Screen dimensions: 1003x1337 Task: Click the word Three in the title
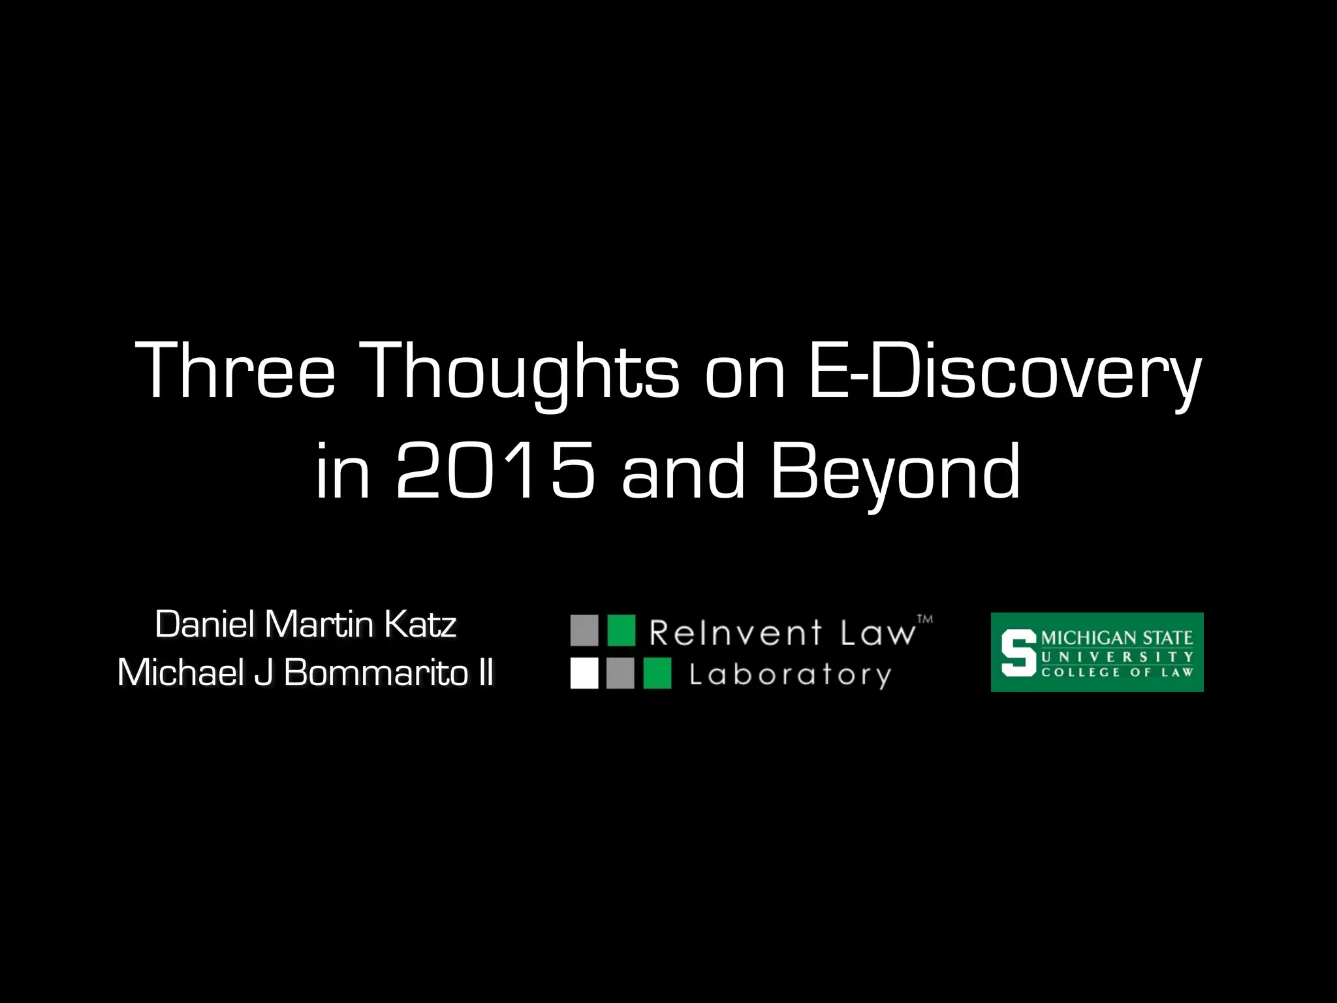coord(235,370)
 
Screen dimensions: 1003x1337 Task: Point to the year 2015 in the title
coord(495,470)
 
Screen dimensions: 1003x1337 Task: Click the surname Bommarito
coord(375,673)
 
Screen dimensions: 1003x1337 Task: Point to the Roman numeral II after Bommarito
coord(485,673)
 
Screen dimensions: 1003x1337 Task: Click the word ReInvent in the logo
coord(735,633)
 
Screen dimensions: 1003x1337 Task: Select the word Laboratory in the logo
coord(790,675)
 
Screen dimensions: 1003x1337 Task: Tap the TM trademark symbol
coord(925,618)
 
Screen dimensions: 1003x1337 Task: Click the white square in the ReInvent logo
coord(584,673)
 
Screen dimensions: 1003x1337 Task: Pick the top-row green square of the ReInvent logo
coord(621,630)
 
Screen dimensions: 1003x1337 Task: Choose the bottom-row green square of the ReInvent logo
coord(657,673)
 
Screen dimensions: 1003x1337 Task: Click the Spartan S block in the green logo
coord(1018,652)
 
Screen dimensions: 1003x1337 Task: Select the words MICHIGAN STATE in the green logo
coord(1117,638)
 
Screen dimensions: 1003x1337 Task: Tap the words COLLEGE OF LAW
coord(1117,672)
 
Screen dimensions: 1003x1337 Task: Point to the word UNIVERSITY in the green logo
coord(1117,656)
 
